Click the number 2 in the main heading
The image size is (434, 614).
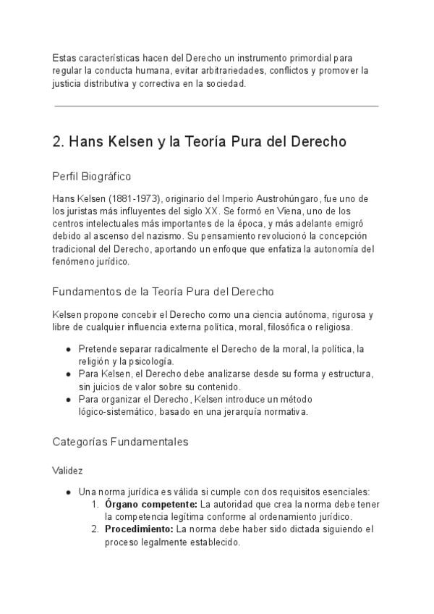point(57,142)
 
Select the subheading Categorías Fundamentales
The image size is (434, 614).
point(120,441)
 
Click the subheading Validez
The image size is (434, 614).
point(67,471)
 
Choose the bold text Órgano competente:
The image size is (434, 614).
point(150,504)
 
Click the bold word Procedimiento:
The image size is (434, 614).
point(139,529)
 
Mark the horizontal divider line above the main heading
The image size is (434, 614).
point(216,106)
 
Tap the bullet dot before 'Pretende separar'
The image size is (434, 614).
point(68,349)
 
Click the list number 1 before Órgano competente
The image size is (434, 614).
point(95,504)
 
